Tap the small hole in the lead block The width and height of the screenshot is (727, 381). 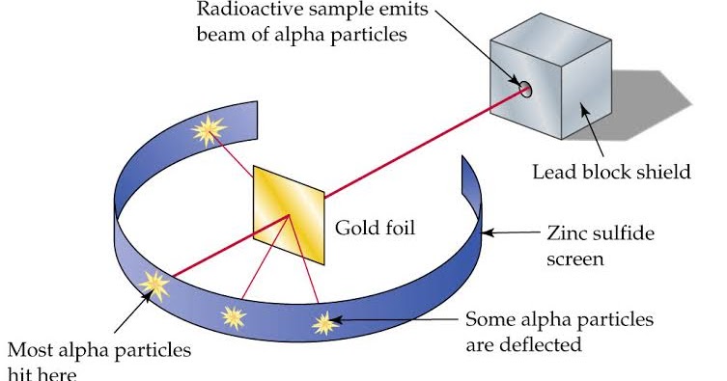pos(526,90)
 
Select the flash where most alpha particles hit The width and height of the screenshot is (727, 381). pos(154,283)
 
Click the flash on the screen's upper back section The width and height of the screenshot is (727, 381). pos(209,130)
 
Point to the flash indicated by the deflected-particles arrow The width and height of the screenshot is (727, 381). pos(325,321)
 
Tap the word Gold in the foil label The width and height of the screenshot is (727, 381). pos(354,229)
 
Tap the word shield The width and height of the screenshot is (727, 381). pos(666,173)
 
